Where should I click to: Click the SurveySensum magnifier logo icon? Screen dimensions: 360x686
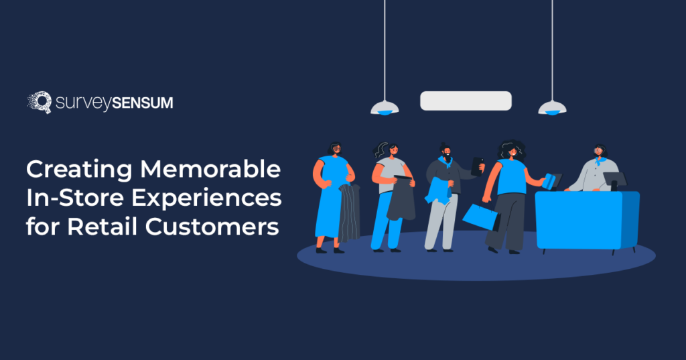[x=39, y=103]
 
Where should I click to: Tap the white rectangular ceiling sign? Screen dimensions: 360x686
[x=466, y=101]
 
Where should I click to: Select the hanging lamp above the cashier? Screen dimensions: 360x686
[x=553, y=107]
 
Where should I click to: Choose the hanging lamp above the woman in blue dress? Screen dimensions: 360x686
[x=385, y=107]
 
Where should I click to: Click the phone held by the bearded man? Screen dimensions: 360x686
[x=478, y=166]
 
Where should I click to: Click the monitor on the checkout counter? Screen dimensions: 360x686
[x=615, y=179]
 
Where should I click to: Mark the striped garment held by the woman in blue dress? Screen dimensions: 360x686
[x=349, y=212]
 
